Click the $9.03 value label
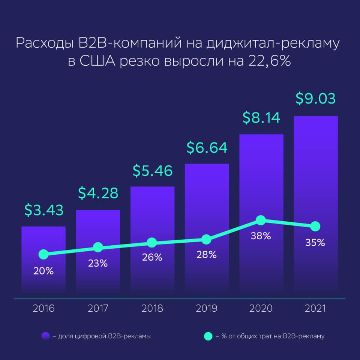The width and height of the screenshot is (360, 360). pyautogui.click(x=315, y=99)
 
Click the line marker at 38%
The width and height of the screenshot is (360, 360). pyautogui.click(x=261, y=220)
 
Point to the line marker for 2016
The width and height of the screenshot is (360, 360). pyautogui.click(x=43, y=254)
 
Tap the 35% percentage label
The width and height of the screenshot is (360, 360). pyautogui.click(x=315, y=243)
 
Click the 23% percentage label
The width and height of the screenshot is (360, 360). pyautogui.click(x=98, y=263)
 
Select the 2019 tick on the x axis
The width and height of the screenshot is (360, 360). pyautogui.click(x=207, y=309)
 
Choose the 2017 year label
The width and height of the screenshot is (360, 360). pyautogui.click(x=98, y=309)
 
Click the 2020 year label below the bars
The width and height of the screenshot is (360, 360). pyautogui.click(x=261, y=309)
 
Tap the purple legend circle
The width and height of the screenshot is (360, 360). pyautogui.click(x=46, y=336)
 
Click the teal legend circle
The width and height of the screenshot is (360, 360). pyautogui.click(x=208, y=336)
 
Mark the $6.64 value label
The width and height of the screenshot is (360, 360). pyautogui.click(x=207, y=148)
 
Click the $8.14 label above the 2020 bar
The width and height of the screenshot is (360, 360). pyautogui.click(x=261, y=118)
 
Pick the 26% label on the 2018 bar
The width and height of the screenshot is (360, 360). pyautogui.click(x=152, y=258)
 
